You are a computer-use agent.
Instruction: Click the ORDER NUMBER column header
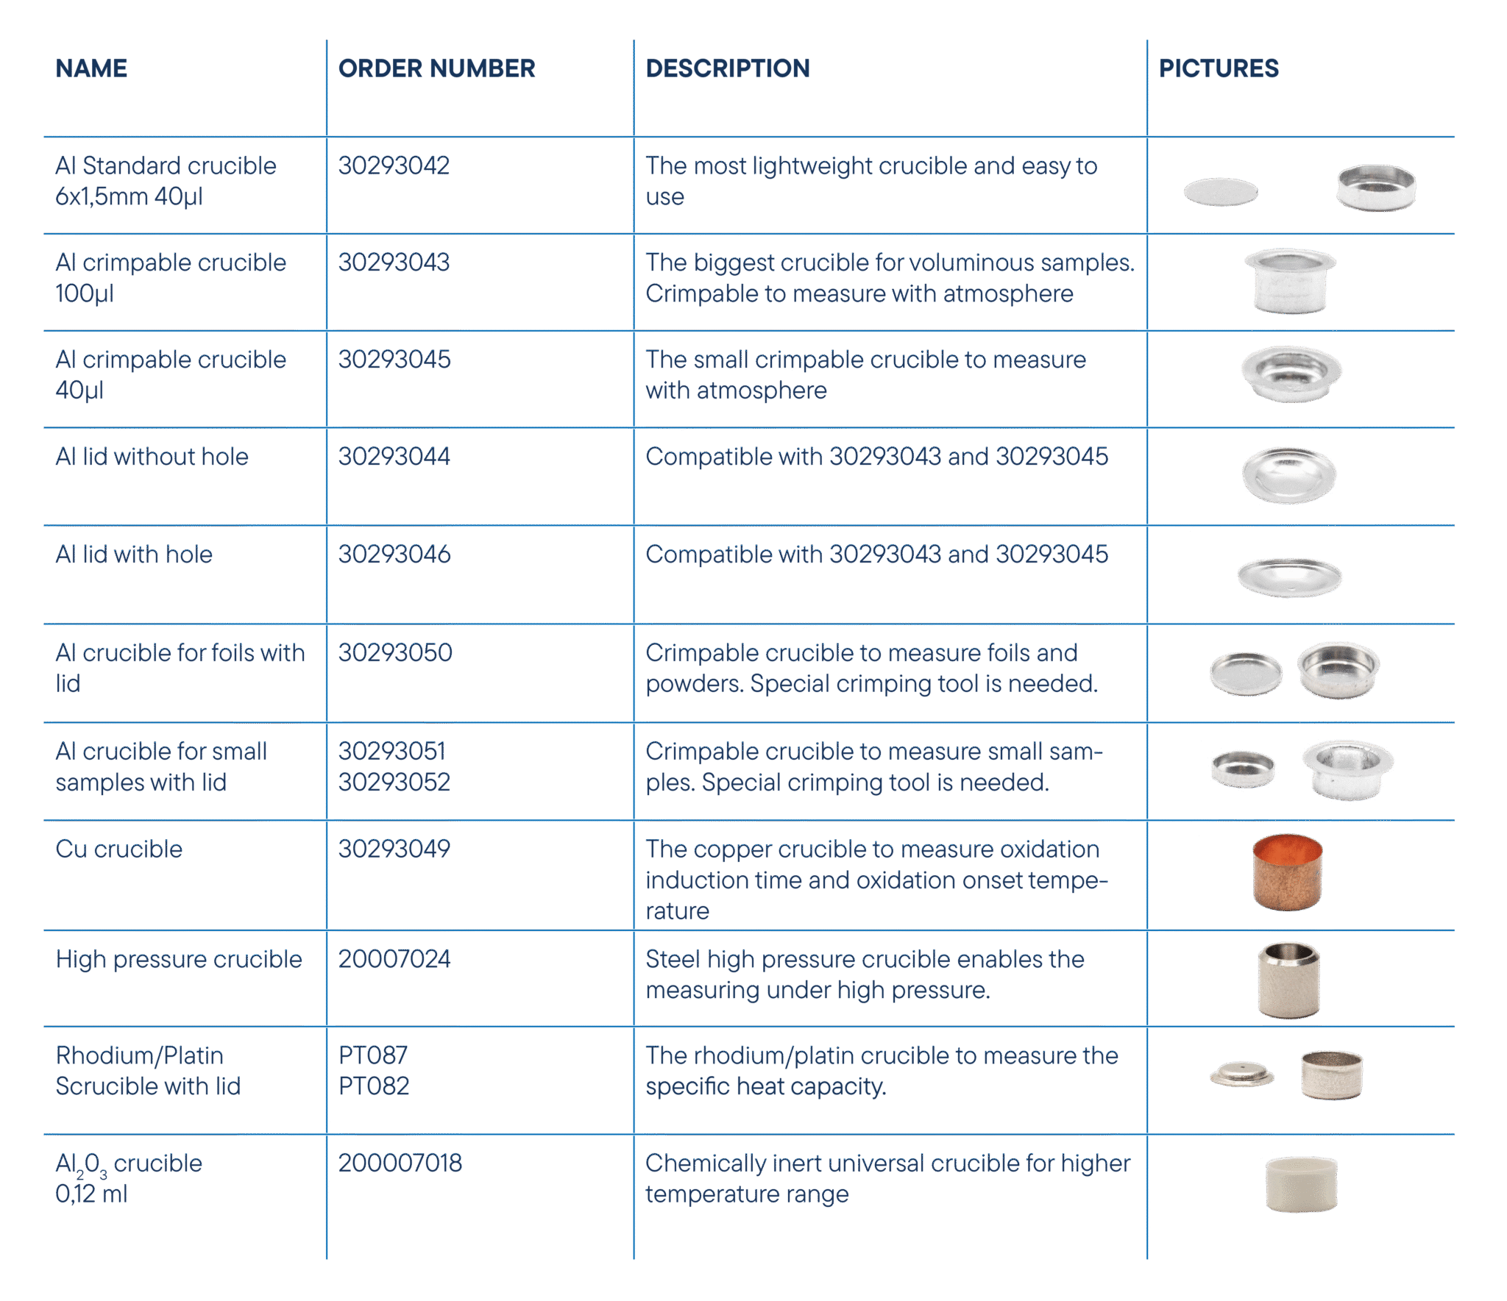436,68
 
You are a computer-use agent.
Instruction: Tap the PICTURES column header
1219,68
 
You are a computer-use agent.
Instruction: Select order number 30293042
394,165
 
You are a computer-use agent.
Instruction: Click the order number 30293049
394,849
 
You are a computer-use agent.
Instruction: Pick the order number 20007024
394,959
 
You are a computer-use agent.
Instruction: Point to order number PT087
373,1055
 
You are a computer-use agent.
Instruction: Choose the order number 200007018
400,1163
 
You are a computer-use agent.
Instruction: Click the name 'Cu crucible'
118,849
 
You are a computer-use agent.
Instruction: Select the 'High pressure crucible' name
179,959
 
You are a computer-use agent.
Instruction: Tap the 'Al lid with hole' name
134,554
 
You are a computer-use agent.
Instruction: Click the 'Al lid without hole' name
152,456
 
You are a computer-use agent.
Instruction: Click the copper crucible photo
1288,872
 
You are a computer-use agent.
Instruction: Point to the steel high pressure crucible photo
1288,980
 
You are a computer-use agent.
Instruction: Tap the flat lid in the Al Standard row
1221,192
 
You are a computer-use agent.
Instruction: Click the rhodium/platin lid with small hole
1242,1074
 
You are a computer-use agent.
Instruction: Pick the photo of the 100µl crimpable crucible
1290,281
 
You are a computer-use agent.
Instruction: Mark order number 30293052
394,782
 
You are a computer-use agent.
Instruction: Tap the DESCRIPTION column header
728,68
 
